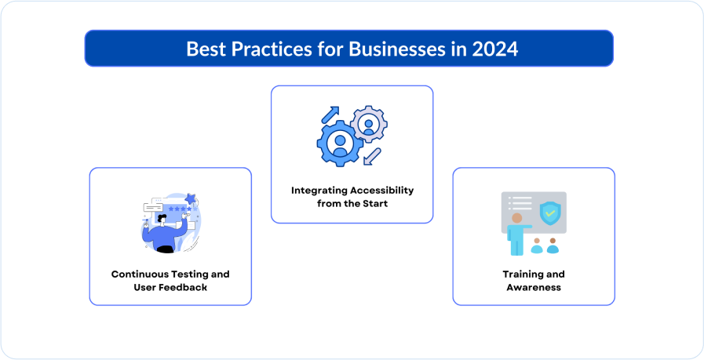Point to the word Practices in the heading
click(x=272, y=49)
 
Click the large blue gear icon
click(x=340, y=144)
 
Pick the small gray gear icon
click(x=369, y=125)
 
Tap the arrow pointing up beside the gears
click(x=330, y=115)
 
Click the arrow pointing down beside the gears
click(x=372, y=157)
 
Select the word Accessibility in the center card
click(x=382, y=191)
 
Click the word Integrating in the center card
click(x=319, y=191)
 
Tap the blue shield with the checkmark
click(x=550, y=213)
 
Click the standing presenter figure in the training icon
click(x=517, y=235)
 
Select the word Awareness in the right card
click(x=534, y=287)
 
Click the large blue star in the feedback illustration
click(x=191, y=198)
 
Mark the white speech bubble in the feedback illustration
click(x=153, y=207)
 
